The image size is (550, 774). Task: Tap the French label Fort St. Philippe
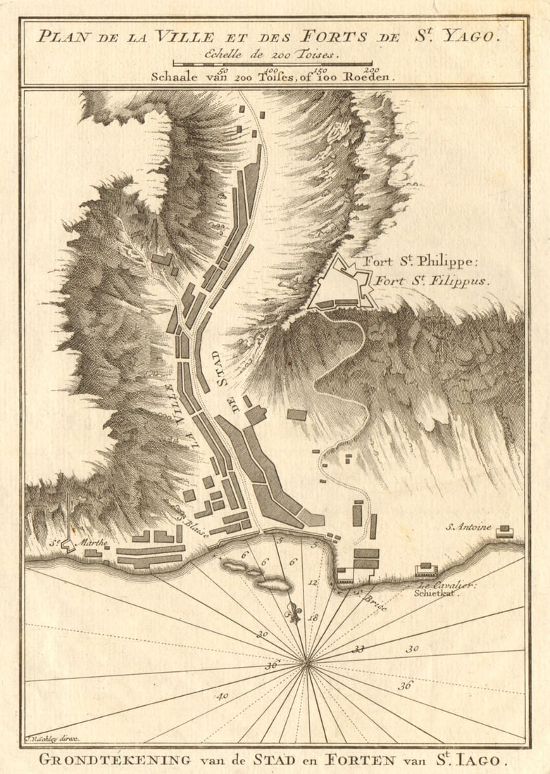pyautogui.click(x=420, y=262)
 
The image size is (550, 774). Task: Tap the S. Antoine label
pyautogui.click(x=468, y=526)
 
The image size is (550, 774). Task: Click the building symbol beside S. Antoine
pyautogui.click(x=504, y=532)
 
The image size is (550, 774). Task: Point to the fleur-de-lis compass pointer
pyautogui.click(x=294, y=609)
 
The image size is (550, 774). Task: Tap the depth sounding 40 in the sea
pyautogui.click(x=223, y=696)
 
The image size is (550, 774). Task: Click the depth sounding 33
pyautogui.click(x=358, y=649)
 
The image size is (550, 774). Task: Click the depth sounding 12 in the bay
pyautogui.click(x=313, y=583)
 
